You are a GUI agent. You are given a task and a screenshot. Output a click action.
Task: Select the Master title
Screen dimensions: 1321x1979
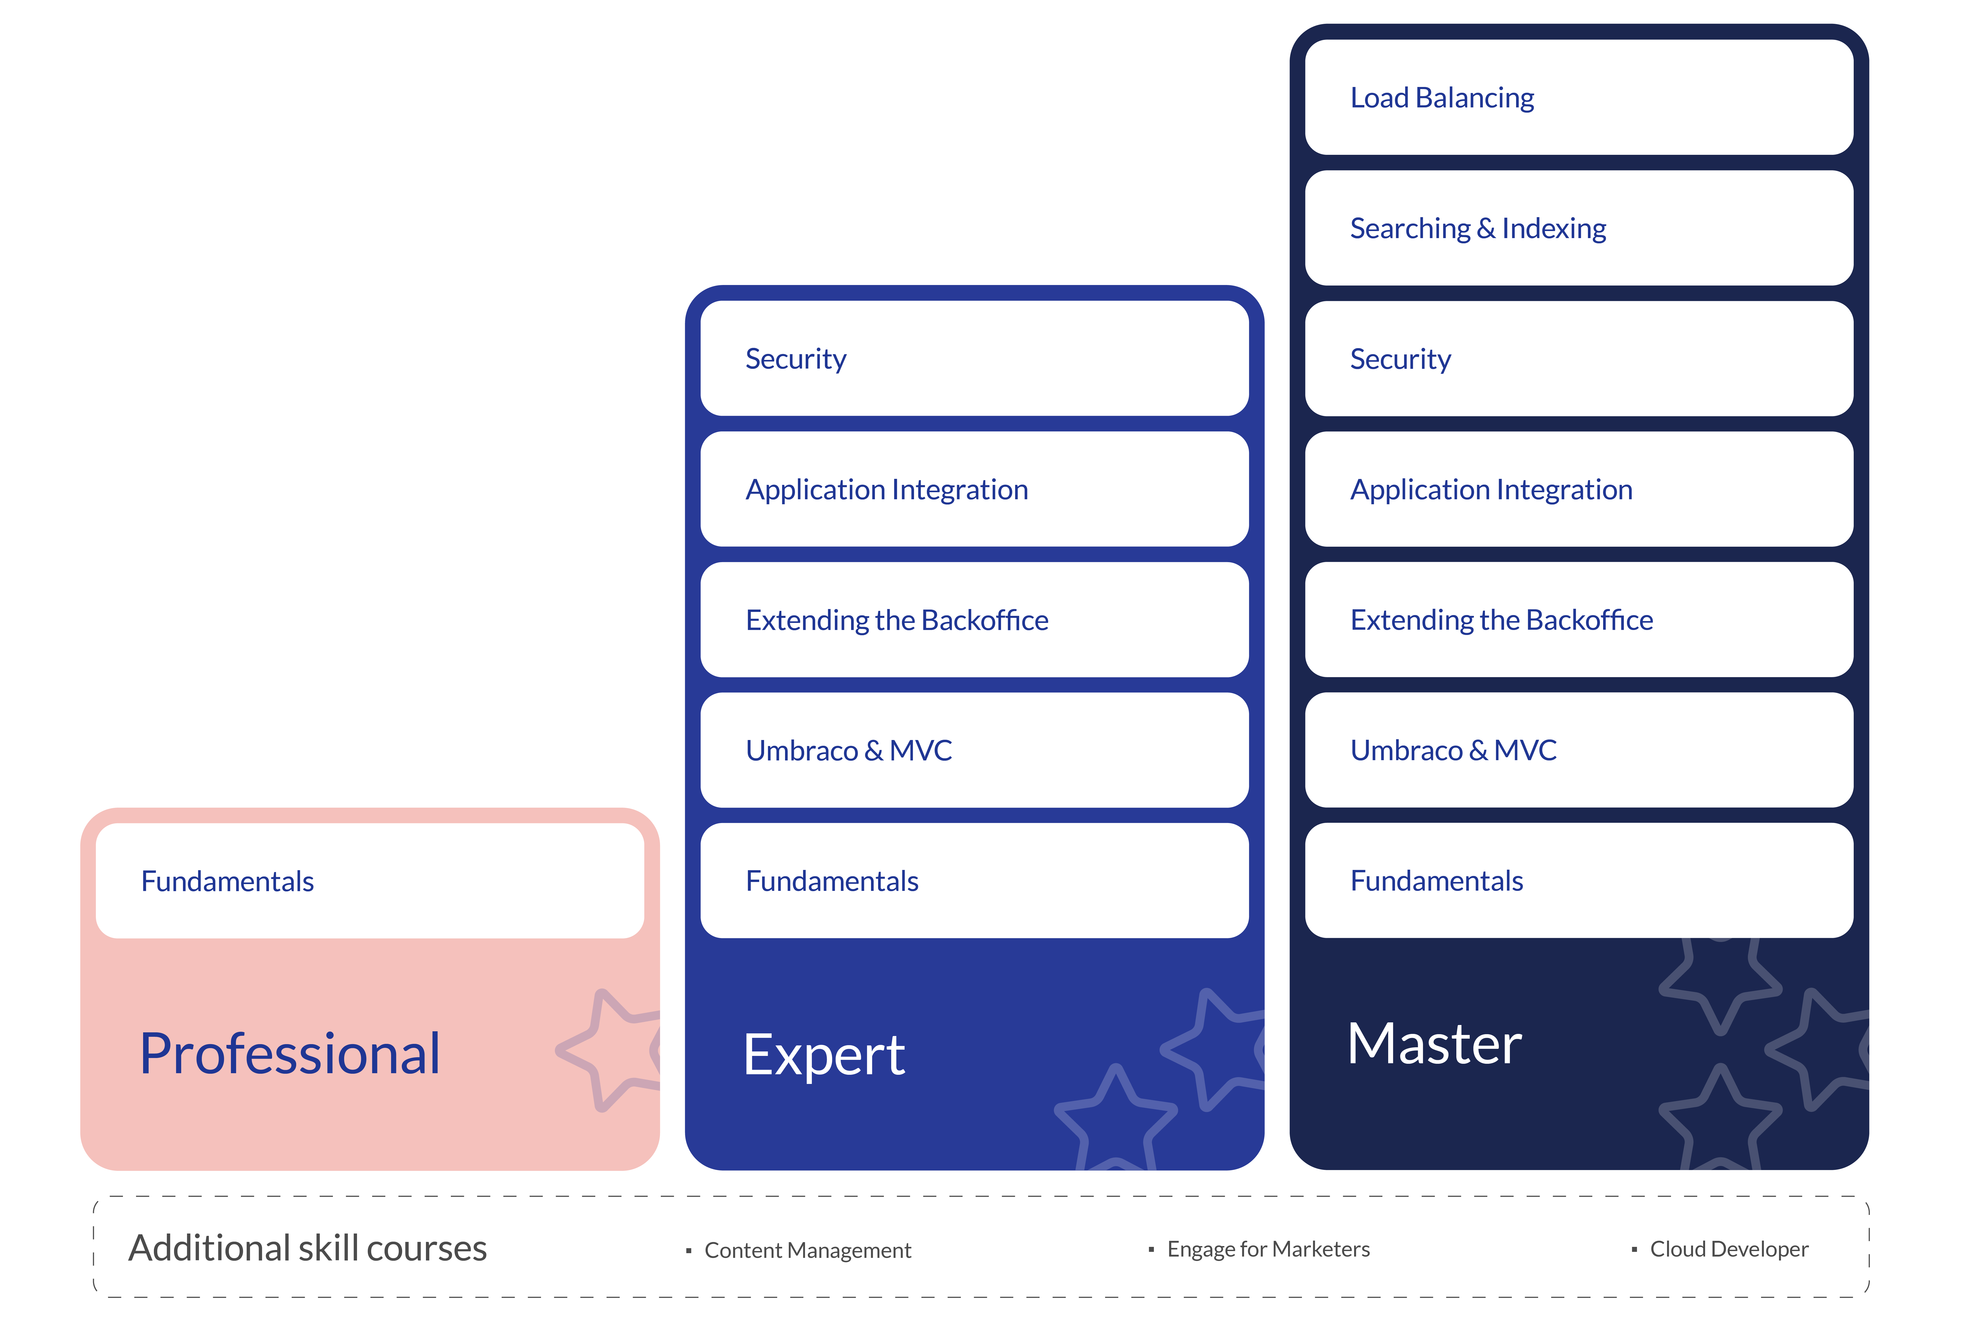1435,1045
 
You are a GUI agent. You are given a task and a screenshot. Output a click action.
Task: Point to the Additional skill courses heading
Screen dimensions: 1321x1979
308,1248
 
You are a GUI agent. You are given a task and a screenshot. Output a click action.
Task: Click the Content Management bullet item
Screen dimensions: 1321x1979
807,1250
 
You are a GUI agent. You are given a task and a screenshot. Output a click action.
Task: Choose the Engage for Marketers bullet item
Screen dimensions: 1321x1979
1268,1249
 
